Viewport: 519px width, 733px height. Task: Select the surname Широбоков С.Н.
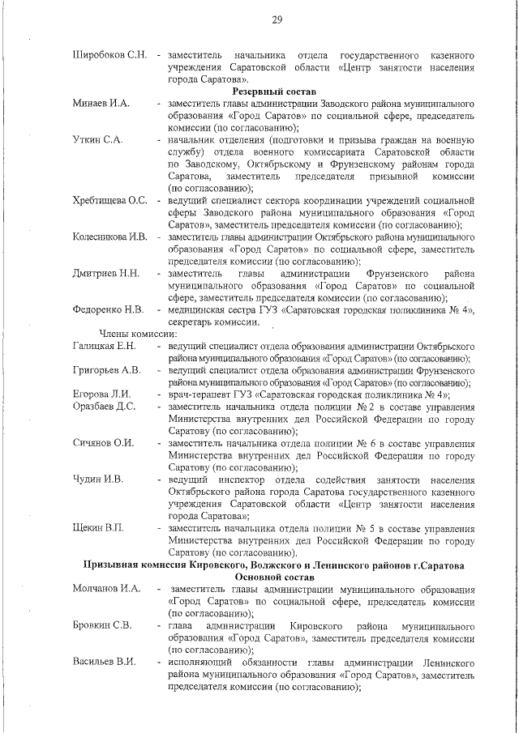pyautogui.click(x=109, y=55)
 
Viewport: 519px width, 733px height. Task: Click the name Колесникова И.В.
pyautogui.click(x=110, y=237)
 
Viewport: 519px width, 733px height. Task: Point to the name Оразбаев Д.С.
pyautogui.click(x=104, y=407)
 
